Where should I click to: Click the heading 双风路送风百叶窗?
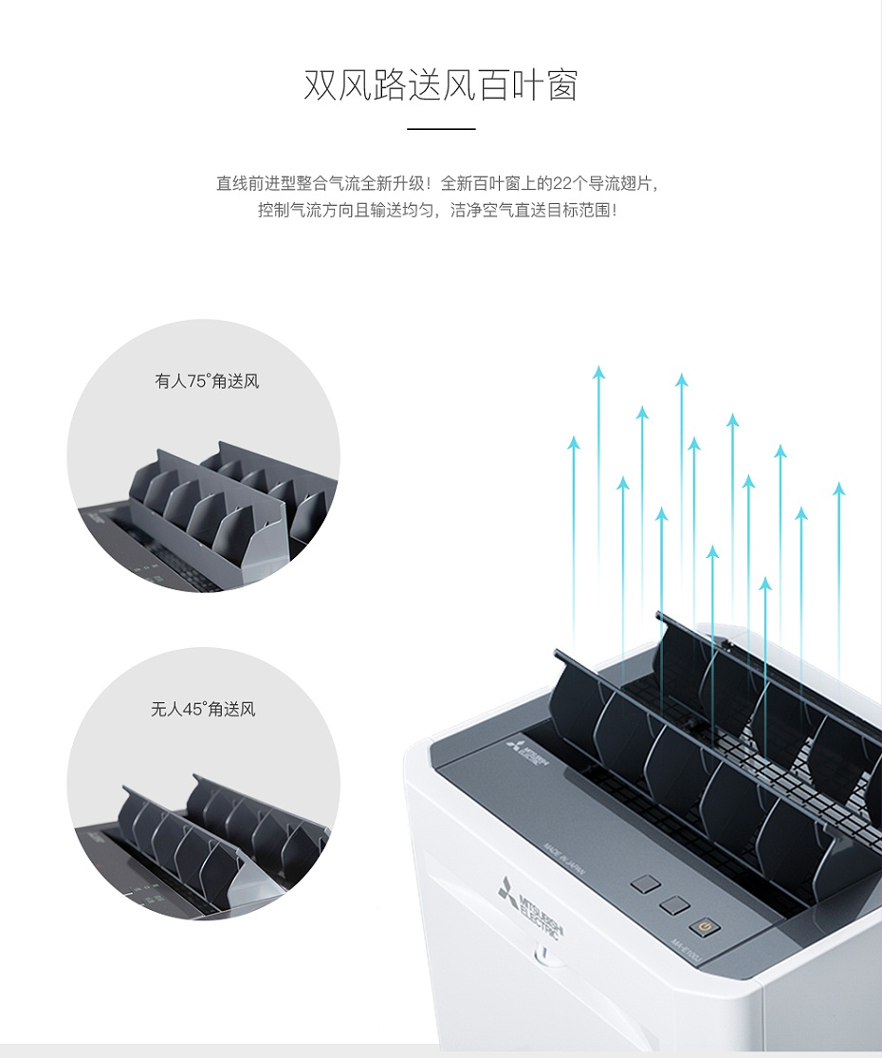(440, 85)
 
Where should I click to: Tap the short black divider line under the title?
(440, 128)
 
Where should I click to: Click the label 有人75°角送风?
(207, 381)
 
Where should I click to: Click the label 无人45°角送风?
(203, 709)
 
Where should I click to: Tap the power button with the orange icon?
(705, 926)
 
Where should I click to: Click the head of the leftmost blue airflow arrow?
(573, 442)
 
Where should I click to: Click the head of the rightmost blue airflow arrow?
(838, 490)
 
